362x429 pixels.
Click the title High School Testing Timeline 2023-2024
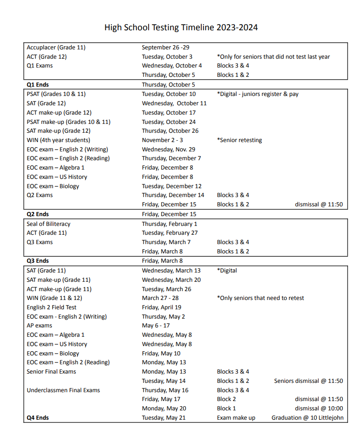pos(181,27)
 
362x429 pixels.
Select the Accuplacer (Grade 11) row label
pos(56,48)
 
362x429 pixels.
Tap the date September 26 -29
pos(165,48)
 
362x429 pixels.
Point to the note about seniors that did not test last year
pos(273,57)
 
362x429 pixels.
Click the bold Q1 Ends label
pos(38,85)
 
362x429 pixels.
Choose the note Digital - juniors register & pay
pos(258,94)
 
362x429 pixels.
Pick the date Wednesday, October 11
pos(174,103)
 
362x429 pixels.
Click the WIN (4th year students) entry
pos(58,140)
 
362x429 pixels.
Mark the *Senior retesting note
pos(239,140)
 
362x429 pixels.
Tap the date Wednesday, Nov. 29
pos(169,150)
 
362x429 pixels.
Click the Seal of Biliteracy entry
pos(48,224)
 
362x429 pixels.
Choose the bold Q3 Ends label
pos(38,261)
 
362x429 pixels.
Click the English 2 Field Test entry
pos(51,307)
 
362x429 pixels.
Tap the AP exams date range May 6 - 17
pos(156,326)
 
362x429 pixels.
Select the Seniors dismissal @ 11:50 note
pos(308,381)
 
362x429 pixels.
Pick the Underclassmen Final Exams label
pos(63,390)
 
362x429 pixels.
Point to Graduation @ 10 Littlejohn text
pos(307,418)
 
